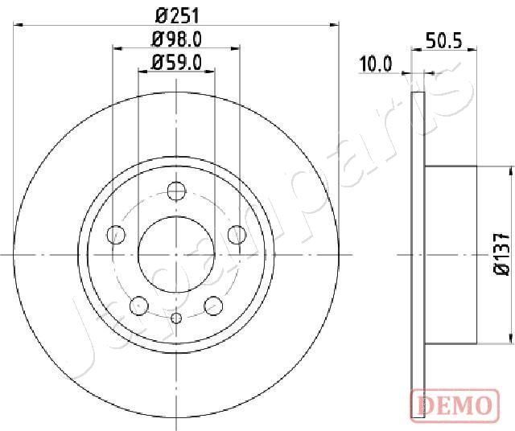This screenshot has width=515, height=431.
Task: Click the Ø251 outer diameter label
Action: [176, 14]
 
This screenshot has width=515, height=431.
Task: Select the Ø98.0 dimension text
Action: [176, 38]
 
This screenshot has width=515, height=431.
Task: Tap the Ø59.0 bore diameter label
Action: [176, 60]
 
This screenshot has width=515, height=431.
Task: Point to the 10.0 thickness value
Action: [376, 65]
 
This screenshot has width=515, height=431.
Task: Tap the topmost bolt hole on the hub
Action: [176, 191]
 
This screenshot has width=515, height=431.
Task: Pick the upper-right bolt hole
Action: [236, 234]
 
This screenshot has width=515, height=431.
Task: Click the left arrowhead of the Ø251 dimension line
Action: [19, 26]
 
